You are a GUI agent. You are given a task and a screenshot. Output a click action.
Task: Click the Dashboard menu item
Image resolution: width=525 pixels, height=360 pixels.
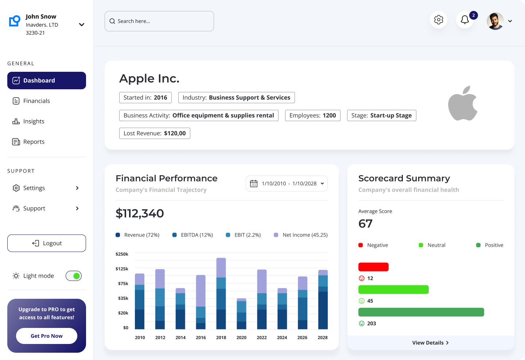click(x=46, y=81)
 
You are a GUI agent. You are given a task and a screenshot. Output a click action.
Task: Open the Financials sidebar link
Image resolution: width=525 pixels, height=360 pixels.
click(x=36, y=101)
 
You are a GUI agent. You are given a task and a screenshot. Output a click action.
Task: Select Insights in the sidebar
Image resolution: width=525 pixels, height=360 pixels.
click(x=34, y=121)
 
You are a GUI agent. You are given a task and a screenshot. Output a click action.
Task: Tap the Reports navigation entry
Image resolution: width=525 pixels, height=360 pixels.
click(x=34, y=142)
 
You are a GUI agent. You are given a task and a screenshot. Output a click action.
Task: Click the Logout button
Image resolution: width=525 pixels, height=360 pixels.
click(x=47, y=243)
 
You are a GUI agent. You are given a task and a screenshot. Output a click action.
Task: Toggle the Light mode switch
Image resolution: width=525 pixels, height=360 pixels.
click(x=74, y=276)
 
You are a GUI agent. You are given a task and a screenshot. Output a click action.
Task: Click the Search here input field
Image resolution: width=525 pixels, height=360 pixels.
click(x=159, y=21)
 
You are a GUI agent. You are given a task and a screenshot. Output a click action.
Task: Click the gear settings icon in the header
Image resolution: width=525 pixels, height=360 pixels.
click(x=439, y=20)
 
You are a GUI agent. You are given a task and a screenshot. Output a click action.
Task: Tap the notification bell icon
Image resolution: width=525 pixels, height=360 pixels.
click(x=465, y=20)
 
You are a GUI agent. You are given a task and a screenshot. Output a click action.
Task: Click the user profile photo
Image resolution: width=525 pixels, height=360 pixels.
click(x=495, y=21)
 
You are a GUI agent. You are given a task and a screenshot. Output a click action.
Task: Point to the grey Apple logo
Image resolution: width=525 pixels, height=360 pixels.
click(x=463, y=103)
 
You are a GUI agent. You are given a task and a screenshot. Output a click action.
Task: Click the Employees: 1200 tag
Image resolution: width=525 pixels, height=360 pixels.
click(x=312, y=116)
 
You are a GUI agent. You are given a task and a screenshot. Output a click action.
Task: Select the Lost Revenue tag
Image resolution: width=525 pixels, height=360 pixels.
click(x=155, y=133)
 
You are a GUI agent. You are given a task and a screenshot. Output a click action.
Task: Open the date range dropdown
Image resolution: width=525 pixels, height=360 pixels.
click(x=287, y=184)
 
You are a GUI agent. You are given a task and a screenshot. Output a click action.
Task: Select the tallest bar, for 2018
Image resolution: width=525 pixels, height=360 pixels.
click(x=221, y=293)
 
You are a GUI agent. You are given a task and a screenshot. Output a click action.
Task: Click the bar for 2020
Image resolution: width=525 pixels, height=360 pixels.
click(x=241, y=314)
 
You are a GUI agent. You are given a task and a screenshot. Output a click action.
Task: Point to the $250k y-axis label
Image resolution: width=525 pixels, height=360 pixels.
click(x=122, y=254)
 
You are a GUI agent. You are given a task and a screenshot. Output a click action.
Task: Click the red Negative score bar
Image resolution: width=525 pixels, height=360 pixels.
click(x=373, y=267)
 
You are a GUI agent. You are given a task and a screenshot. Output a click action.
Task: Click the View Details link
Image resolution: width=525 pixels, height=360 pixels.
click(x=431, y=343)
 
